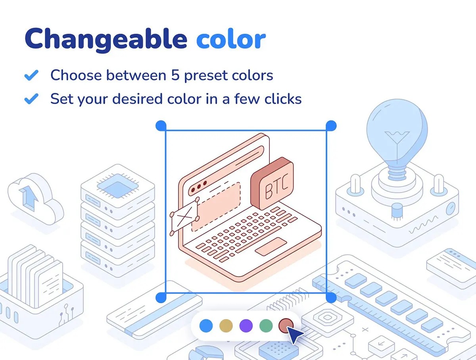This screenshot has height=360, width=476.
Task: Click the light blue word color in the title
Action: click(231, 39)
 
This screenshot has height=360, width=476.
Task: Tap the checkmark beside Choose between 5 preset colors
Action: click(31, 75)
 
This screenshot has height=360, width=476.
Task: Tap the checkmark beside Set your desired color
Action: click(31, 99)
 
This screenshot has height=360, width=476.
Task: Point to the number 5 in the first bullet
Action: click(175, 75)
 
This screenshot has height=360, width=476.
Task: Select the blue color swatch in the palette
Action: click(206, 326)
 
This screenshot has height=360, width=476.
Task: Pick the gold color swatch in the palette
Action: click(226, 326)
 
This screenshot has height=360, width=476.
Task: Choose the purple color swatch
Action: click(246, 326)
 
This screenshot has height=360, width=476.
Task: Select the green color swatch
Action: click(266, 326)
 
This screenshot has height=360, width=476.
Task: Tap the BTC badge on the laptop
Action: click(273, 184)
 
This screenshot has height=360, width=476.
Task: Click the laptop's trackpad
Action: click(271, 246)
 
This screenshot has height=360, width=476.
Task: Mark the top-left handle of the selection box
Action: click(161, 126)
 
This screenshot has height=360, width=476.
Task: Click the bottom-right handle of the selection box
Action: click(331, 297)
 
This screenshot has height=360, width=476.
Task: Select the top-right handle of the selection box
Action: click(331, 126)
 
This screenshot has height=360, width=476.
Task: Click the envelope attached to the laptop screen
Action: click(184, 217)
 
